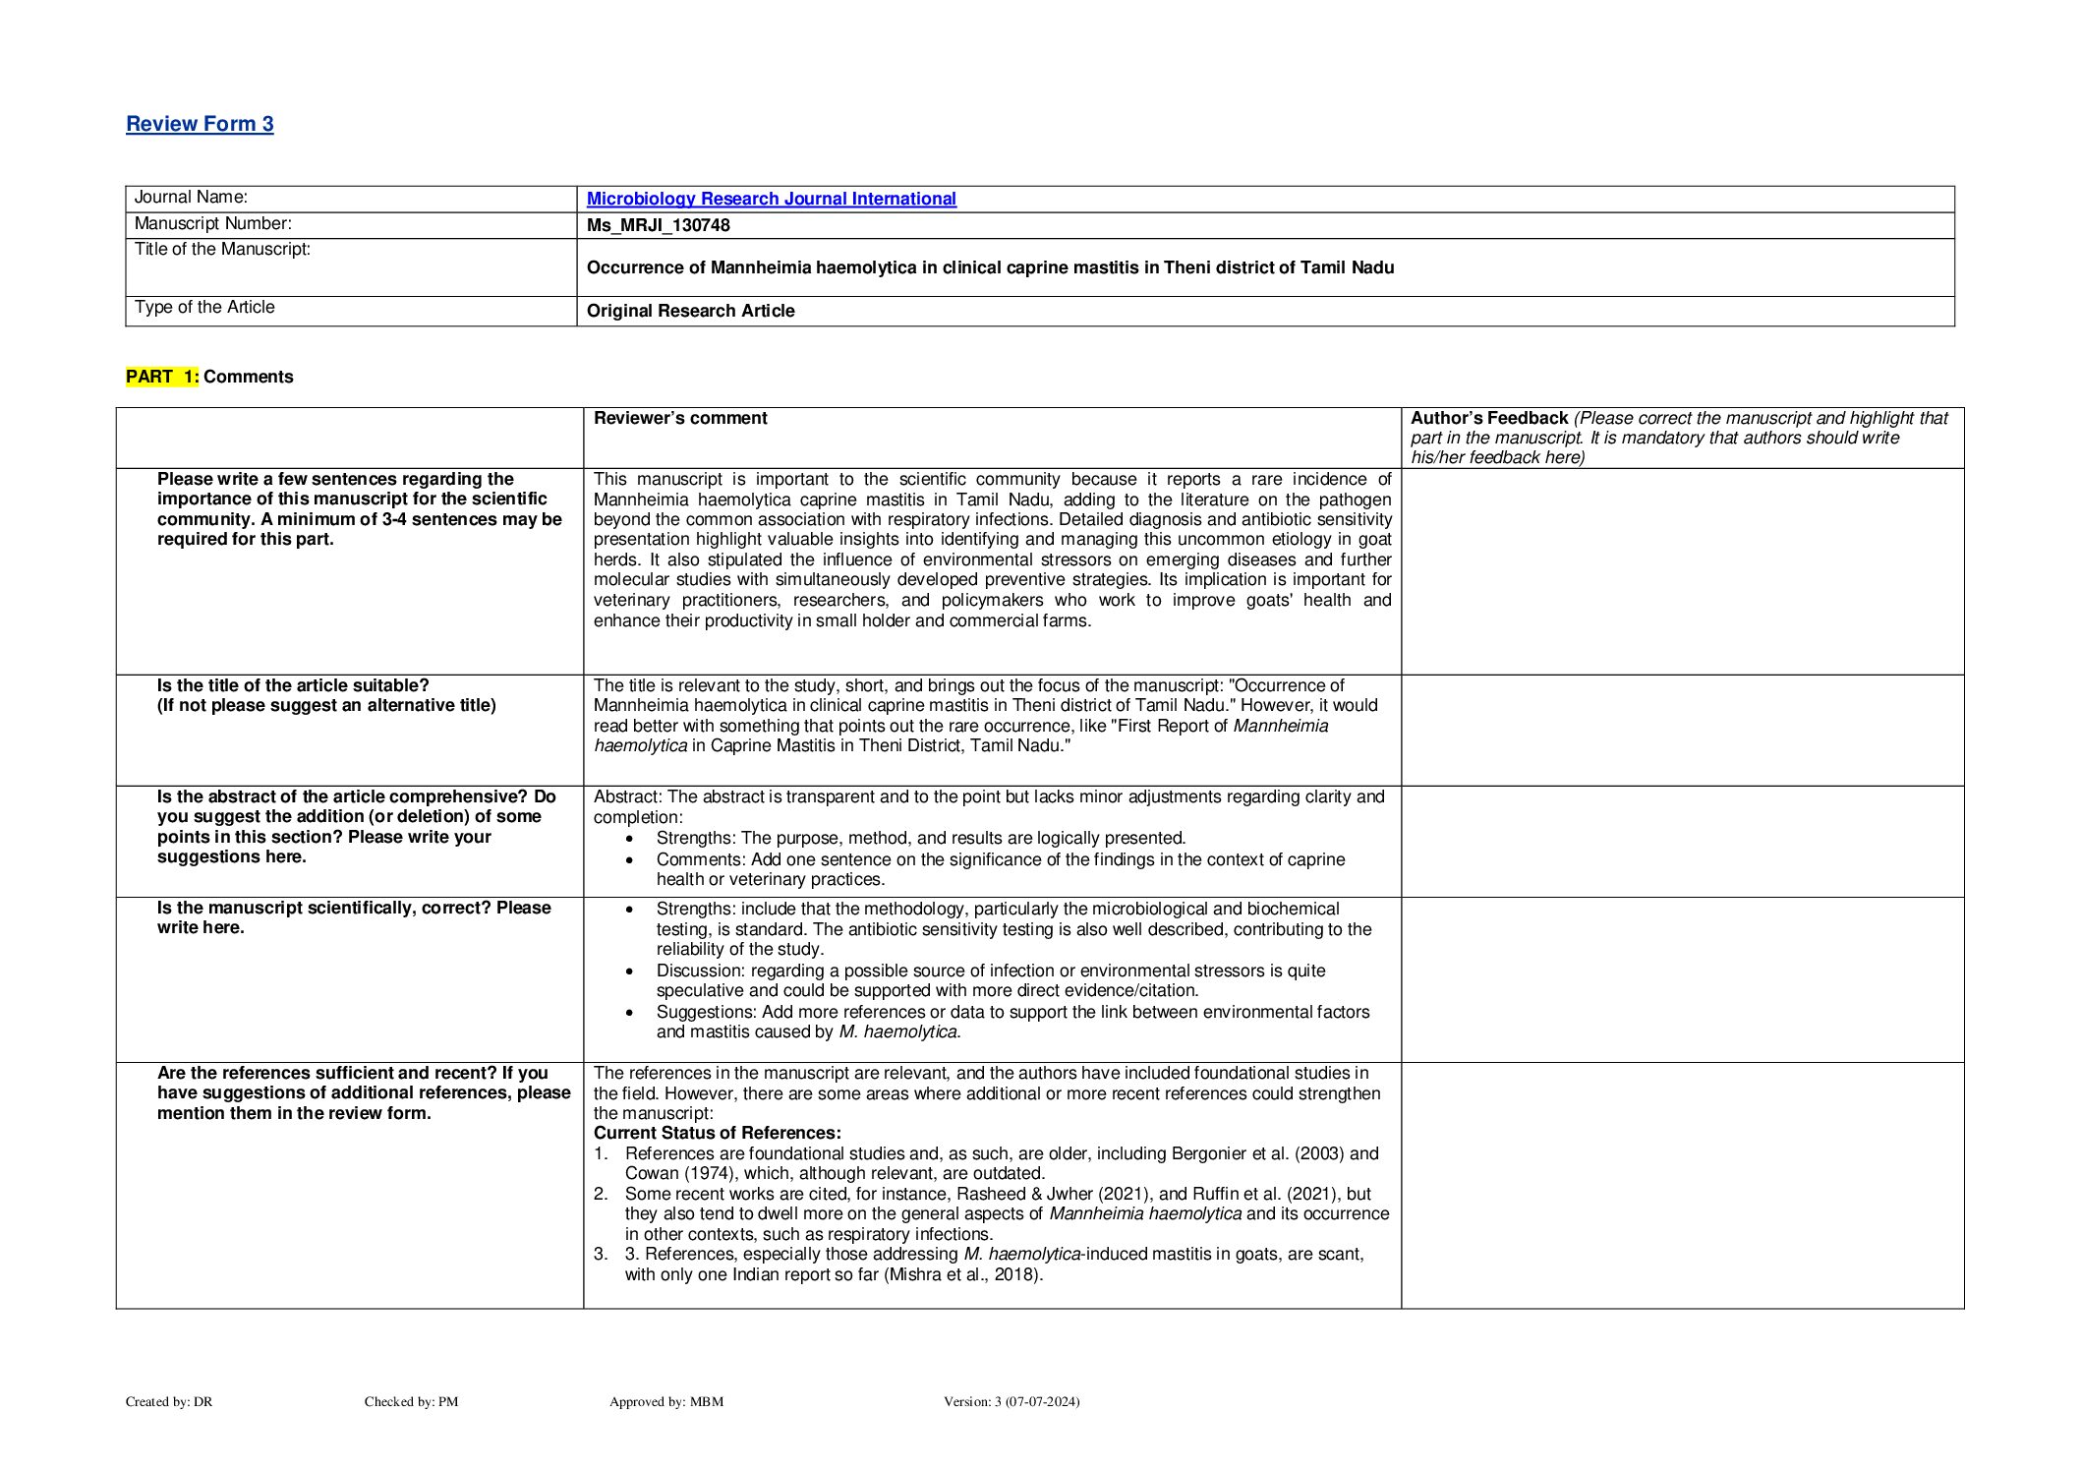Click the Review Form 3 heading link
click(x=200, y=124)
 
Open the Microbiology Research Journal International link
click(x=771, y=199)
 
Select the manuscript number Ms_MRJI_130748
click(x=658, y=225)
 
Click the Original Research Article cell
click(x=690, y=311)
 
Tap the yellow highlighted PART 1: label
click(x=162, y=377)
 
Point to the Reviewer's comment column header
click(x=680, y=418)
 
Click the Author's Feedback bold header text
click(x=1488, y=418)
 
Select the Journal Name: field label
click(x=191, y=198)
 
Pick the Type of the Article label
click(x=204, y=307)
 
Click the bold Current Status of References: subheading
click(x=717, y=1133)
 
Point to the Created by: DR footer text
click(x=169, y=1401)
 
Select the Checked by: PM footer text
click(x=411, y=1401)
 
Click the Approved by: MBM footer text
click(x=665, y=1401)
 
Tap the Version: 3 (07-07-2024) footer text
click(x=1011, y=1401)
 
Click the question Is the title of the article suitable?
click(x=293, y=685)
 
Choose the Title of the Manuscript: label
click(x=222, y=250)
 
